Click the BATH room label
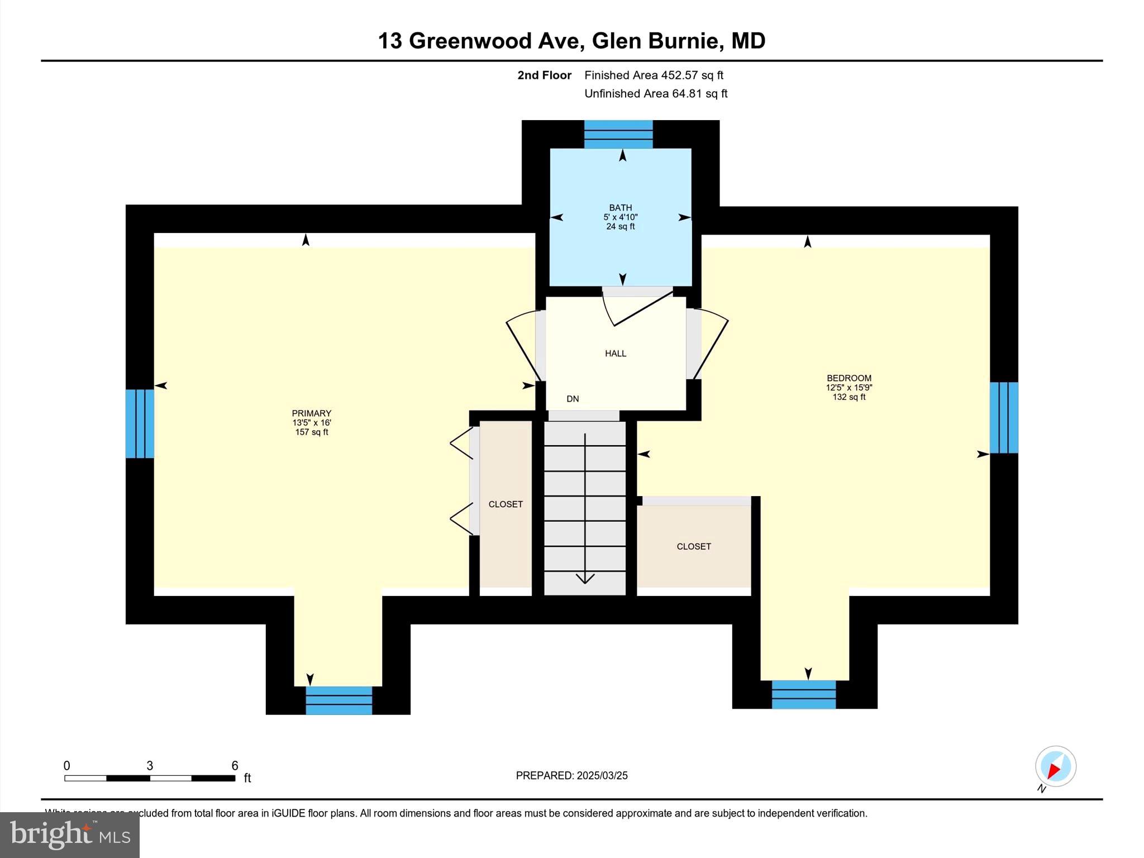click(620, 208)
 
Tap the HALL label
click(615, 354)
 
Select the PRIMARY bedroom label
click(311, 414)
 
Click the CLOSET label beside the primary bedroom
click(506, 504)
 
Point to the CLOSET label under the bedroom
click(693, 547)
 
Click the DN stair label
click(573, 399)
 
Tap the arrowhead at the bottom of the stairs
click(585, 579)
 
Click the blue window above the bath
click(618, 134)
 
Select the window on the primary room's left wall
click(139, 423)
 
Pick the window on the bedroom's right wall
click(1004, 417)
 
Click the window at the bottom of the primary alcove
click(339, 700)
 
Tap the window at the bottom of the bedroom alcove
click(803, 694)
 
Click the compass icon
click(1055, 766)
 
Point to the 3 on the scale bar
click(150, 766)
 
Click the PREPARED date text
click(571, 775)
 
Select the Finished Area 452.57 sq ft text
click(654, 75)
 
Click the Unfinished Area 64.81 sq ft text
click(655, 94)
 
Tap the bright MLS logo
click(70, 835)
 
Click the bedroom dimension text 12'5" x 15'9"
click(849, 388)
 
